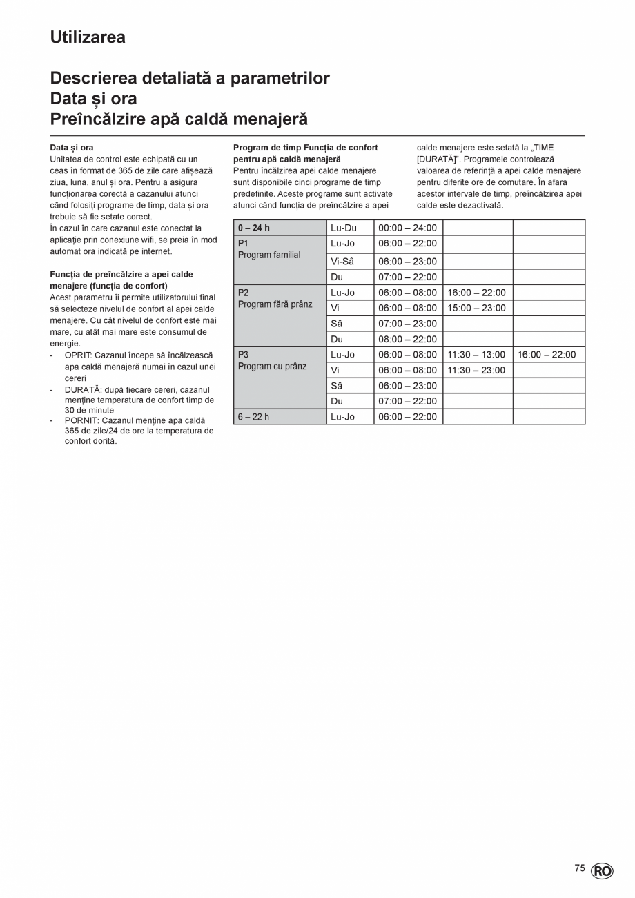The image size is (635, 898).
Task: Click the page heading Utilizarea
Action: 88,37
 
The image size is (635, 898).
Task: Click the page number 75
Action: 580,868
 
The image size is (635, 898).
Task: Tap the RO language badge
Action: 602,871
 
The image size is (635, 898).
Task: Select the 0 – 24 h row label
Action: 254,228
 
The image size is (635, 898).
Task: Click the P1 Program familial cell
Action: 269,249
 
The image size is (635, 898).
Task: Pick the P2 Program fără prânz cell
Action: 275,298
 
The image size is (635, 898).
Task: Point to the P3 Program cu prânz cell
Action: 272,360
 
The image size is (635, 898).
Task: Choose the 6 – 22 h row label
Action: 254,417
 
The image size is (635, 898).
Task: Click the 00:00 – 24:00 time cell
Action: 407,228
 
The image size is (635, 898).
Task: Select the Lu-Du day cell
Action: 344,228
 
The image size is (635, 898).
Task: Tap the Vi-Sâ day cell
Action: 343,262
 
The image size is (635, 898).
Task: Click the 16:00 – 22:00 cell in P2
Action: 476,293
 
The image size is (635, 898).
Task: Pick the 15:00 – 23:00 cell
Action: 476,308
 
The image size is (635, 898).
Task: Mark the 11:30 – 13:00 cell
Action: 476,355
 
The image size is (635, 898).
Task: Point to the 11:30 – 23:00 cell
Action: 476,370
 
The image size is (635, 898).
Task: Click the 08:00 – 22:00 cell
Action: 407,339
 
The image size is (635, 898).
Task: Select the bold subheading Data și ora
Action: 72,148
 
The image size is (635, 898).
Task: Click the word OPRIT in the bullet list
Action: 77,355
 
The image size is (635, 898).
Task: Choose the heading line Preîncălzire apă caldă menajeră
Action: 179,119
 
